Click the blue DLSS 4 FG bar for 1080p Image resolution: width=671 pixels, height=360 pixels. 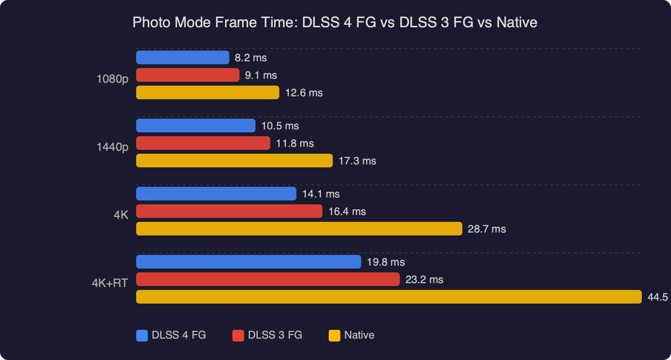182,57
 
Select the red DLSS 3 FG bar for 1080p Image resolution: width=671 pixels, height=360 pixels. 188,75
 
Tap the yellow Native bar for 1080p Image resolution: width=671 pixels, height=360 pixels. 208,92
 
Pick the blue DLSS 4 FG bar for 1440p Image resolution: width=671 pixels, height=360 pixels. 195,126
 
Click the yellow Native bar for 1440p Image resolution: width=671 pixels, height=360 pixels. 234,161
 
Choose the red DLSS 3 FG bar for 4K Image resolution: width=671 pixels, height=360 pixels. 229,211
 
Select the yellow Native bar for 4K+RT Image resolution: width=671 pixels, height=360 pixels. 388,297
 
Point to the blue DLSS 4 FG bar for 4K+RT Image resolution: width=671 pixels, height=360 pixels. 248,262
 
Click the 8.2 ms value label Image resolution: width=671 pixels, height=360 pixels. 250,58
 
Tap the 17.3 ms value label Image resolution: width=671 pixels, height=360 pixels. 357,161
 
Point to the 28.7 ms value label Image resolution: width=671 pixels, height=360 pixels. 487,229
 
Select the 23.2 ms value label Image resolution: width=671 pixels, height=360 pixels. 424,280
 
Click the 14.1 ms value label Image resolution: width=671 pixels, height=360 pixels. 321,194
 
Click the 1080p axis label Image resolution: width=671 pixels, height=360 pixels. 112,79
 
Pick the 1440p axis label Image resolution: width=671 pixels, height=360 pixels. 112,147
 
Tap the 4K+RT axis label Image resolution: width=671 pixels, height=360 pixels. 110,283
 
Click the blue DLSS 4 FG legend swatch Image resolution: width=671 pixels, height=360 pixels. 142,335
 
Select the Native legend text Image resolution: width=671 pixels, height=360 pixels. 359,335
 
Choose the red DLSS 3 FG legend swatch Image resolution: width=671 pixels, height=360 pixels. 238,335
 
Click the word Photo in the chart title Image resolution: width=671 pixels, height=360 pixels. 149,22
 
